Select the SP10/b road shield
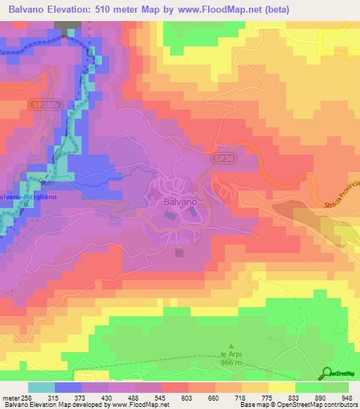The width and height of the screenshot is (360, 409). (x=43, y=104)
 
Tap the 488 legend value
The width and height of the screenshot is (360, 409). (x=129, y=398)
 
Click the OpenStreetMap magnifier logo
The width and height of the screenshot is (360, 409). (x=326, y=374)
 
